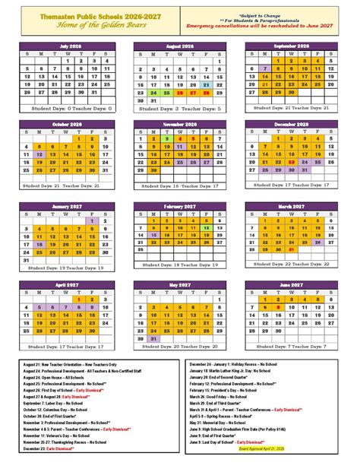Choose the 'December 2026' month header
click(291, 124)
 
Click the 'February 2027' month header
click(179, 206)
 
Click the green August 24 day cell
click(153, 93)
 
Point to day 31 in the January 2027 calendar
click(27, 258)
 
